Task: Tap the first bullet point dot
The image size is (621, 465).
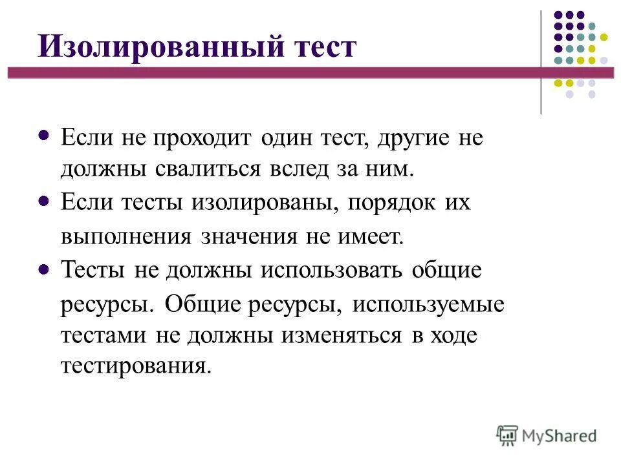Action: click(44, 136)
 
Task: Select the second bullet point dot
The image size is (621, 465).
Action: click(44, 202)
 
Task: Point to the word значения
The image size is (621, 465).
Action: click(247, 237)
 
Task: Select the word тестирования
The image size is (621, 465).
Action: click(136, 367)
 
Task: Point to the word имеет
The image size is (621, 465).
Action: click(371, 237)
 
